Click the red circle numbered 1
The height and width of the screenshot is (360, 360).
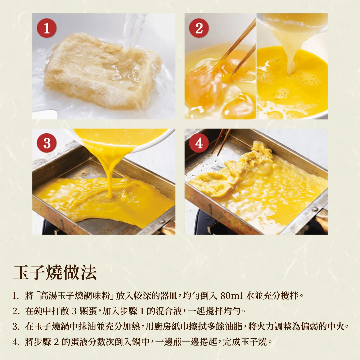(x=47, y=28)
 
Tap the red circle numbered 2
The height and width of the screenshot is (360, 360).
(x=199, y=28)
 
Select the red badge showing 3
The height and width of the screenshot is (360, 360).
(x=47, y=143)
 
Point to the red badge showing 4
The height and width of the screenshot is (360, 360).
(x=199, y=143)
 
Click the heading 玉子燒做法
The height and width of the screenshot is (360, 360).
(x=55, y=272)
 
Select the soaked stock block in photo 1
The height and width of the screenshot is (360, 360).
(x=102, y=72)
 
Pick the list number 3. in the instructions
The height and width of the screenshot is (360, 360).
(x=16, y=326)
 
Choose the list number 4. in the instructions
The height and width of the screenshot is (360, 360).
(x=16, y=342)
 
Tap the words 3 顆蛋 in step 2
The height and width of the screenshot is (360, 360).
(x=85, y=311)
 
